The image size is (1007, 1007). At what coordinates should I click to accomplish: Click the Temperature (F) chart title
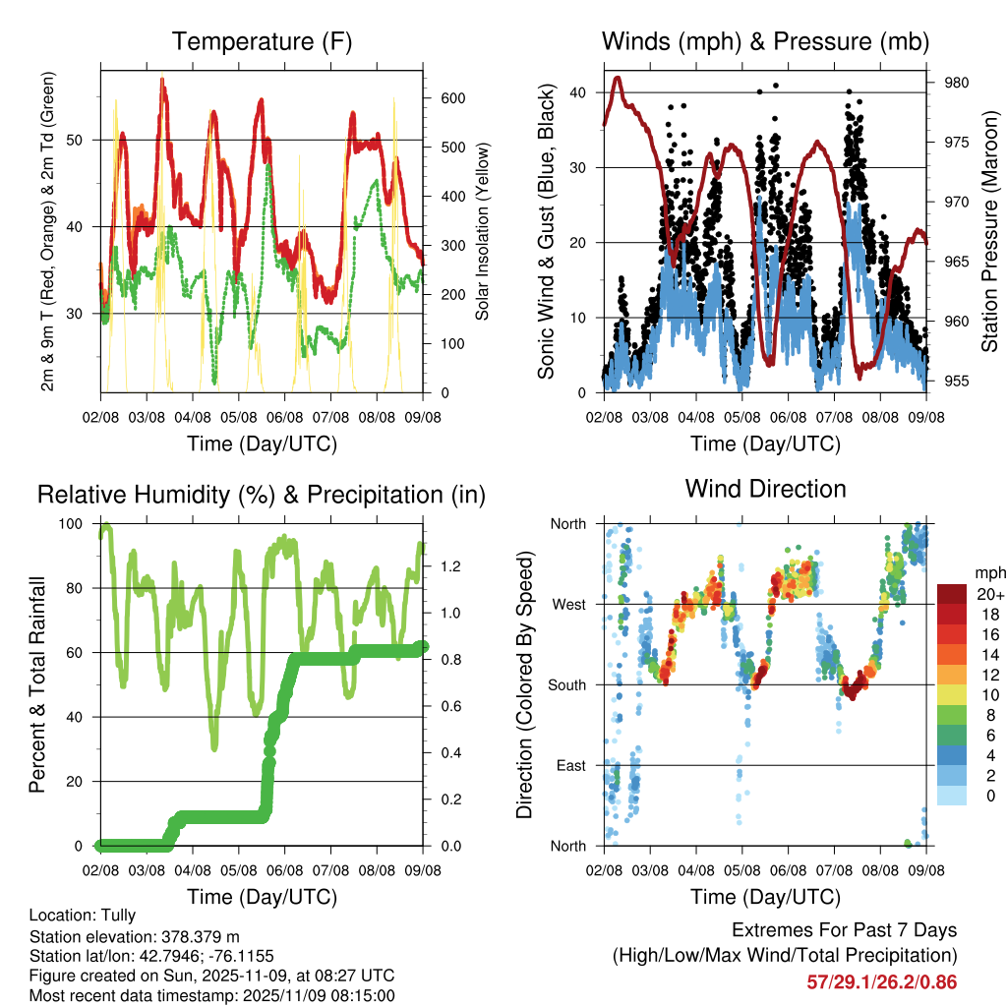262,42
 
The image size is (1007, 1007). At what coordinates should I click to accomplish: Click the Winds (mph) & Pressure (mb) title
765,42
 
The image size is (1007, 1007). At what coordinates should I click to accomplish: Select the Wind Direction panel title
765,489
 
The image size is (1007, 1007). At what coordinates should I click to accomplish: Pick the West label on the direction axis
569,604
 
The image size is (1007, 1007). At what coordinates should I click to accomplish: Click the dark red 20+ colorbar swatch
951,594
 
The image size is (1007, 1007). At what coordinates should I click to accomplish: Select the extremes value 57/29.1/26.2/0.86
881,981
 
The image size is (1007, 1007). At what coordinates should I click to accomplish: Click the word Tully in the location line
117,916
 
